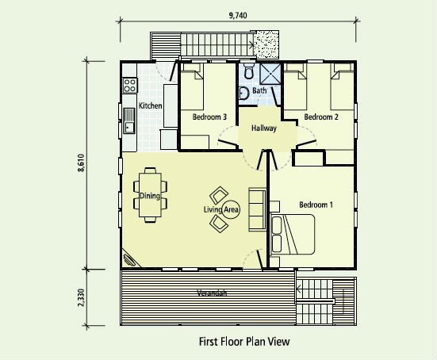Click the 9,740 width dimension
tap(238, 15)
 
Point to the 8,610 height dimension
tap(81, 163)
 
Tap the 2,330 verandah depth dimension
tap(81, 297)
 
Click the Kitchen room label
tap(150, 106)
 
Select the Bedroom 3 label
tap(209, 117)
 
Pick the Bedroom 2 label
tap(321, 117)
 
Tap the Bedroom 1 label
tap(316, 205)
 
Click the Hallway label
tap(264, 128)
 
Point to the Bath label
tap(259, 90)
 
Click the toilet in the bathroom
tap(248, 71)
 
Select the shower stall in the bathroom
tap(270, 74)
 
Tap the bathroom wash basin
tap(243, 93)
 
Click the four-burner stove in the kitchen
tap(130, 86)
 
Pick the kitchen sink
tap(129, 121)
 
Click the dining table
tap(150, 195)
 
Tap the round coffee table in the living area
tap(231, 209)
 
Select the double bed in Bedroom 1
tap(292, 235)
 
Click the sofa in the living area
tap(257, 209)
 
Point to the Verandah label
tap(212, 293)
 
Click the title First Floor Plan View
tap(244, 342)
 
